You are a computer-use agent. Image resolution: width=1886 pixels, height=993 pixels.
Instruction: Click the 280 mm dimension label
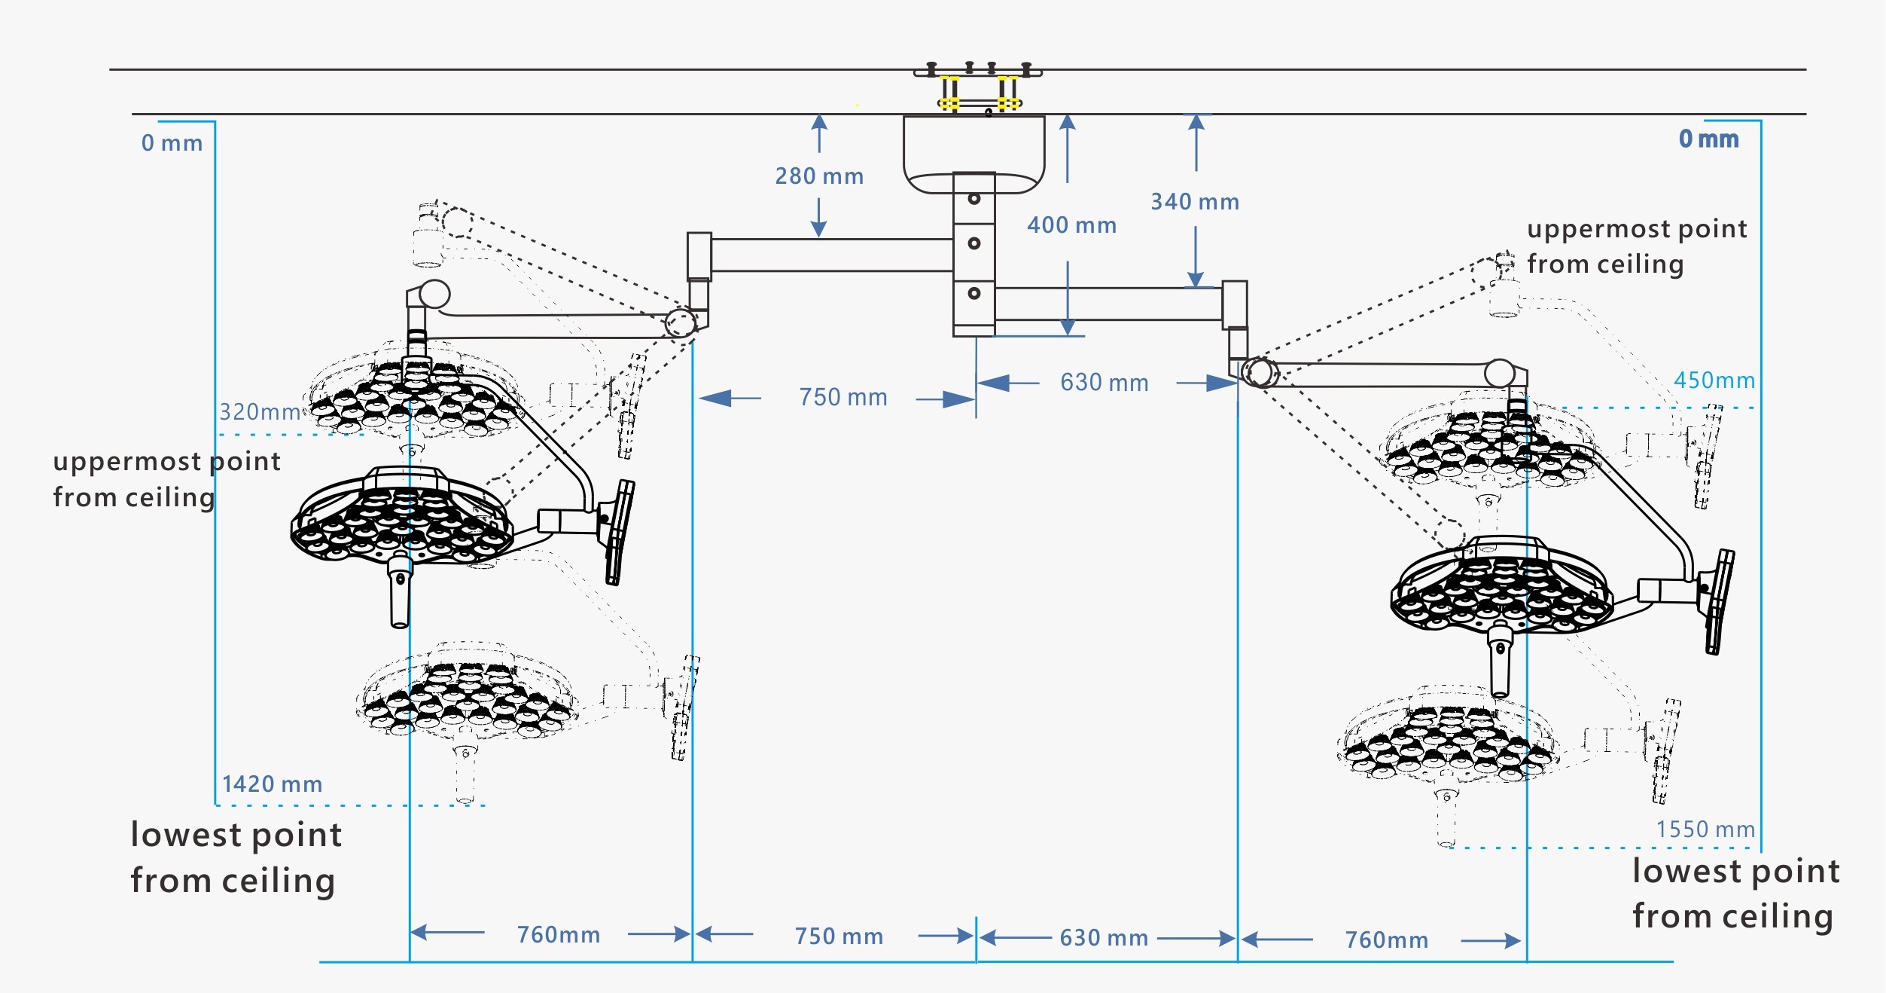click(819, 176)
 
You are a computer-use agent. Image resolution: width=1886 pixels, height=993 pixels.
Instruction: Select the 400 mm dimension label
click(1071, 225)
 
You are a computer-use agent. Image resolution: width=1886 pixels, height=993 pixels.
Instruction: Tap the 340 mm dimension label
click(1195, 202)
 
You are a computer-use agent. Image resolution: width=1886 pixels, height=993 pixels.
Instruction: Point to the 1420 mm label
click(272, 784)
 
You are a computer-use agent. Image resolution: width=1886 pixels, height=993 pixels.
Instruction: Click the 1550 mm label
click(1705, 830)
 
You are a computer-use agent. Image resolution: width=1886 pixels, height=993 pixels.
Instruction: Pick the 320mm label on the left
click(260, 412)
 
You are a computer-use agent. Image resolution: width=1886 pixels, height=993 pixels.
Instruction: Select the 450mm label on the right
click(1714, 380)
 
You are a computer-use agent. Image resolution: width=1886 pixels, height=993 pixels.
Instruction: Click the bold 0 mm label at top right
click(1708, 139)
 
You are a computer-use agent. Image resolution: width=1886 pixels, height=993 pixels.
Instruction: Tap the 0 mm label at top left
click(172, 143)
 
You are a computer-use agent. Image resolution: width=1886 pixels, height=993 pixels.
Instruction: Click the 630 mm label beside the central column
click(1104, 383)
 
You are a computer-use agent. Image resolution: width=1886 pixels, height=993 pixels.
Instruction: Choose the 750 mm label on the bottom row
click(839, 936)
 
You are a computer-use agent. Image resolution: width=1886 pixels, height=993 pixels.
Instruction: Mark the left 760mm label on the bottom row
click(559, 935)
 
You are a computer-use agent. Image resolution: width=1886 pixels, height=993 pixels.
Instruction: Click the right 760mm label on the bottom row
click(1387, 940)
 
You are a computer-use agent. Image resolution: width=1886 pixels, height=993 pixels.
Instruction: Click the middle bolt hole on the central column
click(973, 243)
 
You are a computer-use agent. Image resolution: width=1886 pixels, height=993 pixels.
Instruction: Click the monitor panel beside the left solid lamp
click(619, 532)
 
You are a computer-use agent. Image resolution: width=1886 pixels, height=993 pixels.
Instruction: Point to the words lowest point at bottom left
click(236, 835)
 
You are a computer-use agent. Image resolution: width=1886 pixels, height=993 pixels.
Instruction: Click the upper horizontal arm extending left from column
click(828, 255)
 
